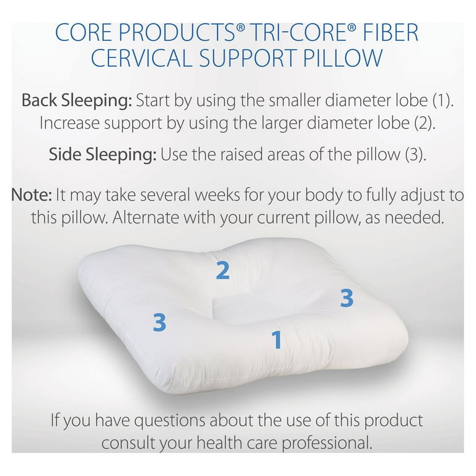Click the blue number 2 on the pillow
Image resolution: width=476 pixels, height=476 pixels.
(223, 270)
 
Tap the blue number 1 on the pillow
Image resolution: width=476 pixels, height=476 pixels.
(277, 340)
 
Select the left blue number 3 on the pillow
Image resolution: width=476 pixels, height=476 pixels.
(159, 322)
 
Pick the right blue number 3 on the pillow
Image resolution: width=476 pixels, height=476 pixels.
(346, 297)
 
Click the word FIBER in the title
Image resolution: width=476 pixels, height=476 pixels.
(389, 32)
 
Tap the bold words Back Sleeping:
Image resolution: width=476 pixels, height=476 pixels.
(77, 100)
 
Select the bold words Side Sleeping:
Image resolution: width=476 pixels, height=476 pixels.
(103, 154)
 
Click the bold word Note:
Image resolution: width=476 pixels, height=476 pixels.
(31, 195)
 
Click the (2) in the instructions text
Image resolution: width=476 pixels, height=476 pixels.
(425, 123)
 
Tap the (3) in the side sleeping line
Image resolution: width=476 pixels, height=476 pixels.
(416, 154)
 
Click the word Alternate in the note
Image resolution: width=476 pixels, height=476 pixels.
(146, 218)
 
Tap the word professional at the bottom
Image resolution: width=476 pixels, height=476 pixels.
(327, 443)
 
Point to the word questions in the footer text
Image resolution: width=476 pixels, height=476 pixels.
(170, 420)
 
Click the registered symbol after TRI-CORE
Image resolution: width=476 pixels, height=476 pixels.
(351, 28)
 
